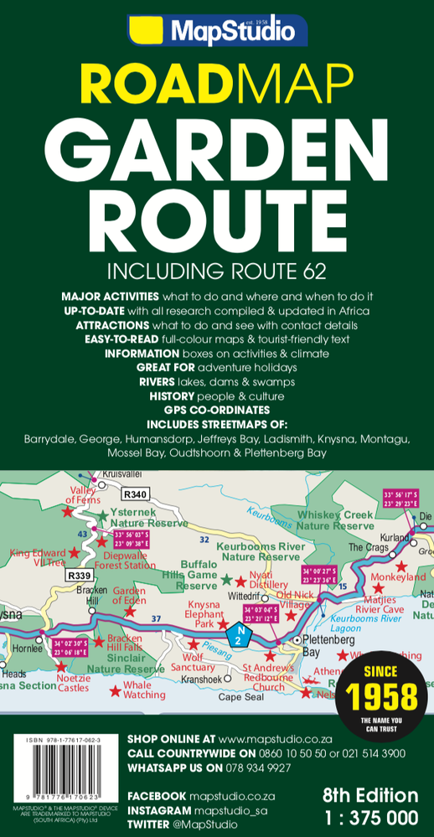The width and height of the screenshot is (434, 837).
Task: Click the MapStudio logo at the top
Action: pos(217,31)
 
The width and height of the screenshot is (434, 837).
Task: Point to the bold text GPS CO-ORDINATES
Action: pos(217,410)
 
